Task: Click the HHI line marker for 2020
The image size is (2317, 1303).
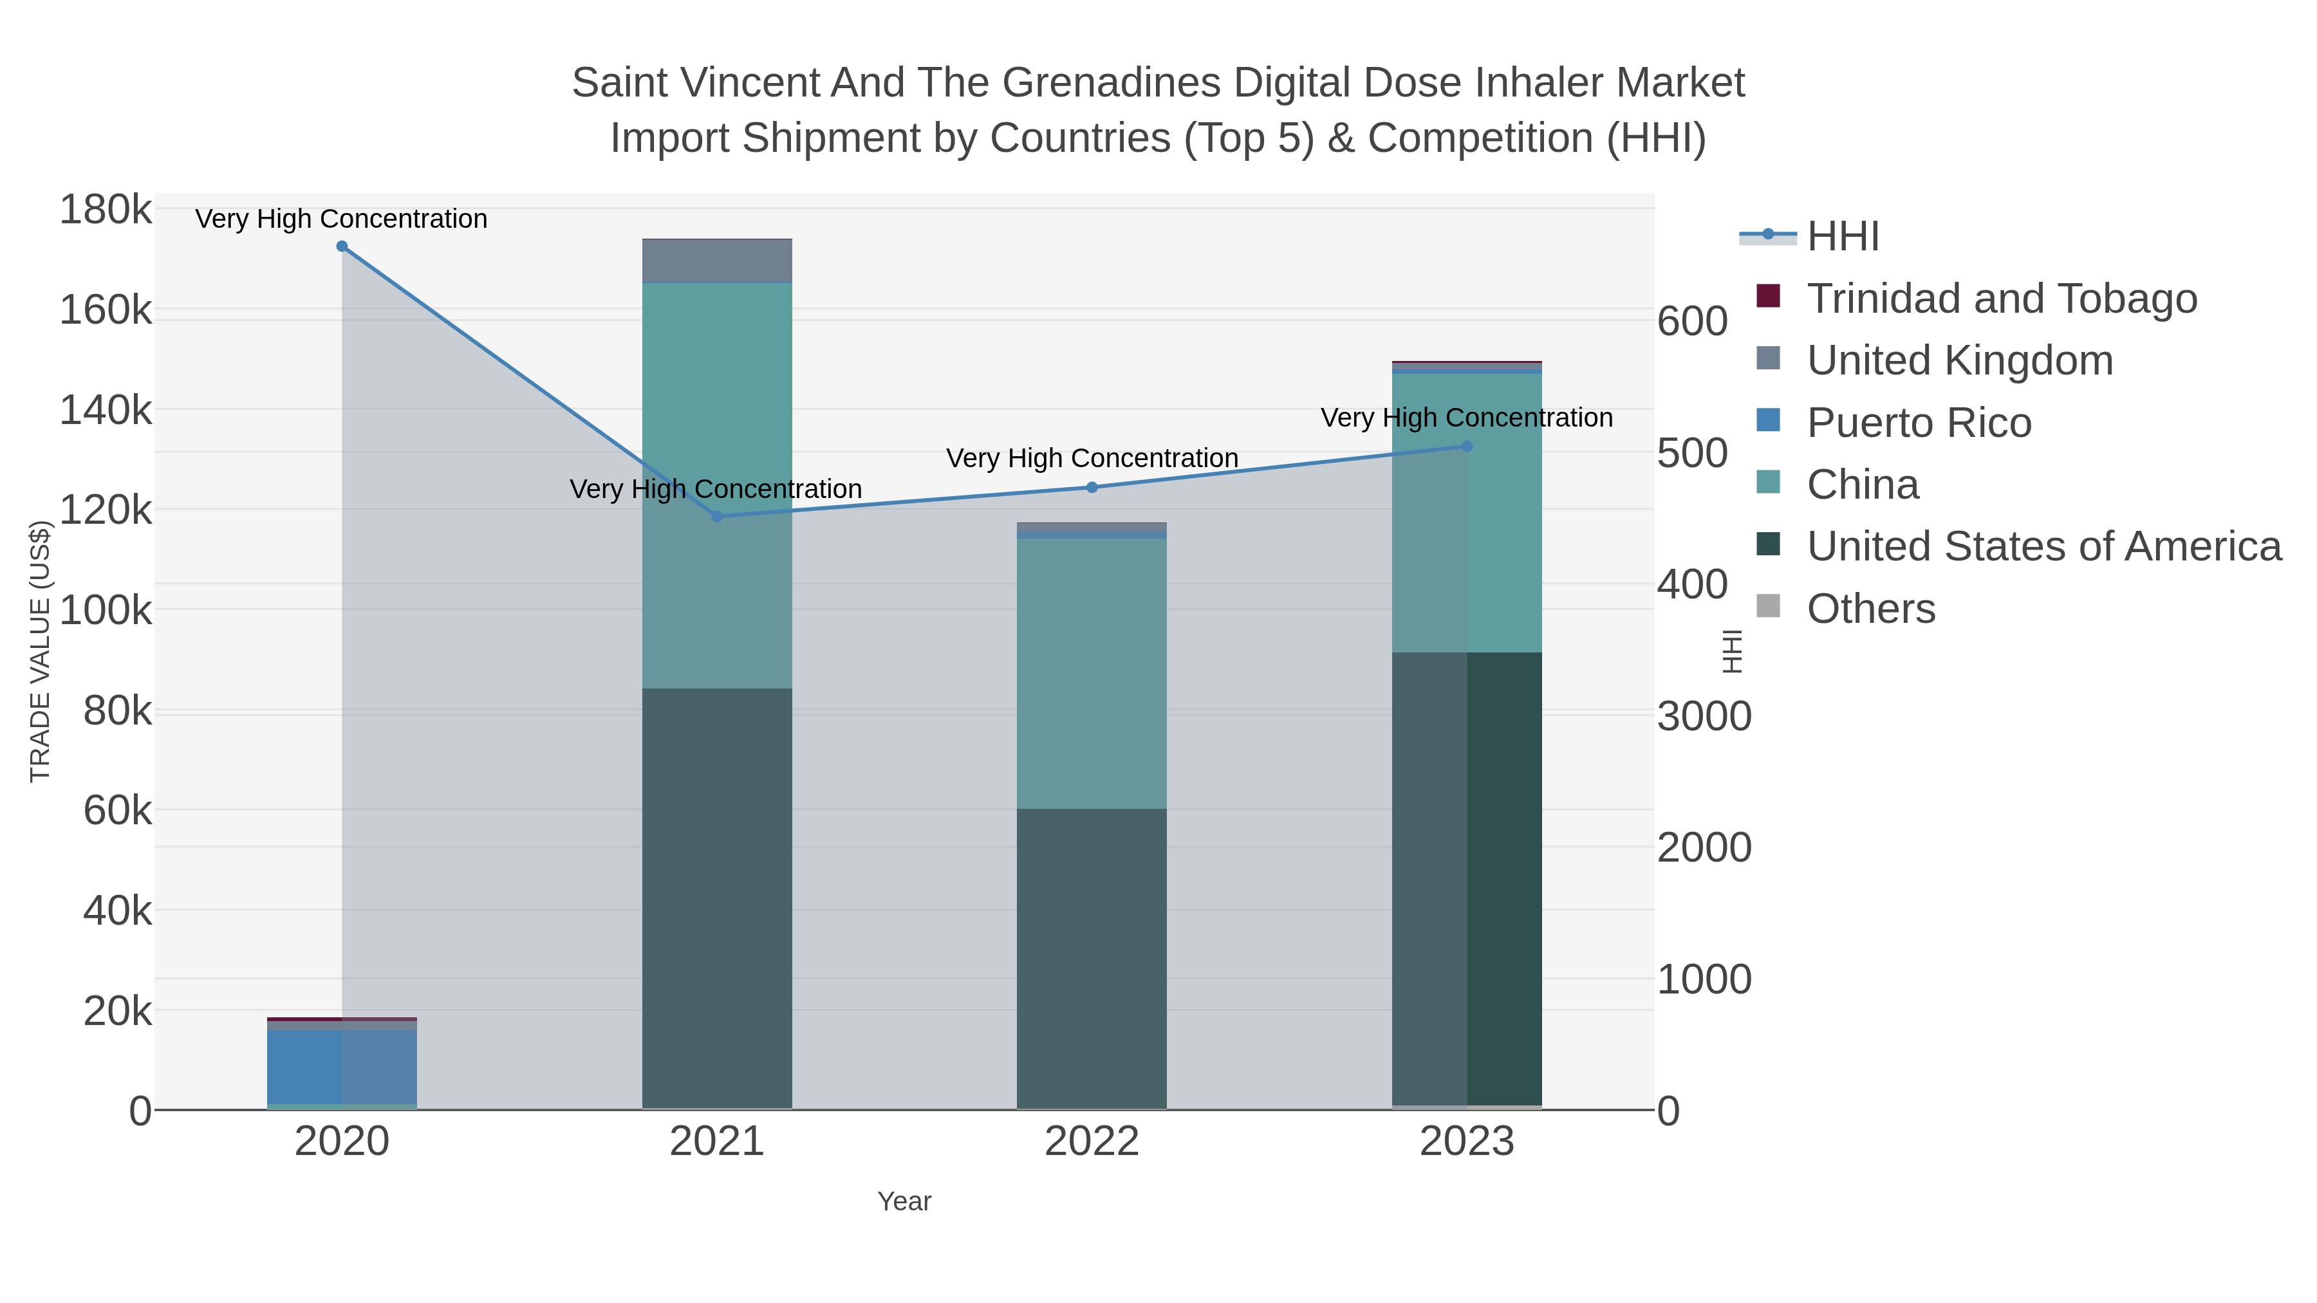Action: coord(342,246)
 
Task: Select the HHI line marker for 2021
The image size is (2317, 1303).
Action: coord(717,516)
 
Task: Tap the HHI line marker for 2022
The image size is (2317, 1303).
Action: coord(1092,487)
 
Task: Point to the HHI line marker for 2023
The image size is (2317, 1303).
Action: coord(1467,446)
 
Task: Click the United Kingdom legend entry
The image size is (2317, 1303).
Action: coord(1959,360)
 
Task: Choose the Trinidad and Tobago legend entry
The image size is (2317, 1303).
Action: coord(2001,299)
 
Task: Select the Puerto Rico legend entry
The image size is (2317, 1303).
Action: coord(1919,423)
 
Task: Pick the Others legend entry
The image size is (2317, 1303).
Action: coord(1871,609)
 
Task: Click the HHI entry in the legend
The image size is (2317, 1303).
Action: coord(1842,237)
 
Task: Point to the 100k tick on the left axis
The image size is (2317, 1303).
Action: coord(106,611)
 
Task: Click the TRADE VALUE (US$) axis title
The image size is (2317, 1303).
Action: coord(41,651)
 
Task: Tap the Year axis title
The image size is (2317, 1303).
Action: coord(904,1201)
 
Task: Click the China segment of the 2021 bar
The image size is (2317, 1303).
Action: coord(717,486)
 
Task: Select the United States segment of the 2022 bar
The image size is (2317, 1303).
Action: coord(1092,957)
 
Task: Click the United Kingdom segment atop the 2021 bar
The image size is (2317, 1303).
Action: coord(717,261)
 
